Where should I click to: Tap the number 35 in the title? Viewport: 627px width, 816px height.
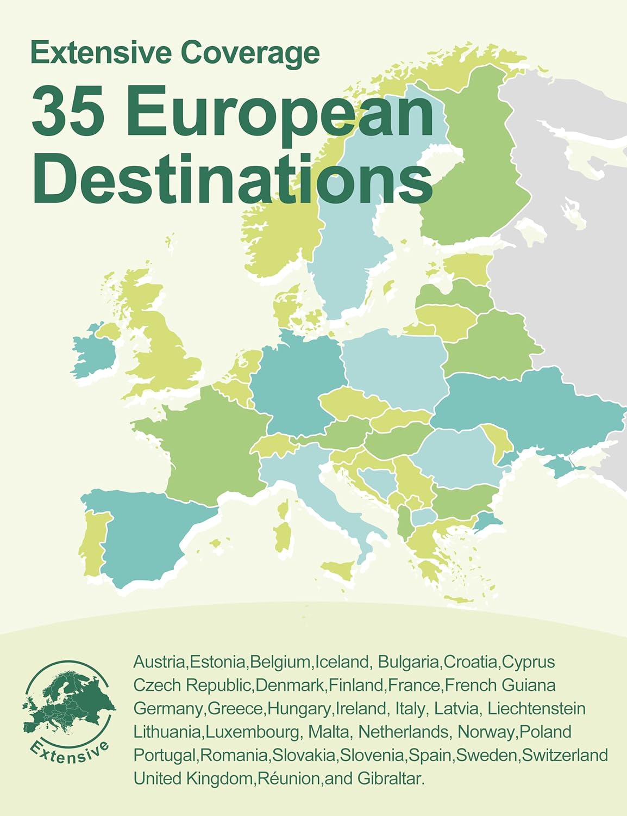click(x=68, y=113)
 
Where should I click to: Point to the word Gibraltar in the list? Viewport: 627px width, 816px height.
click(x=390, y=778)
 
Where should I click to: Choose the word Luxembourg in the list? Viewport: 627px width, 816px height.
click(x=252, y=732)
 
